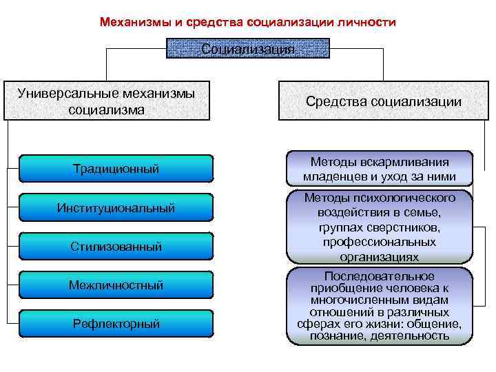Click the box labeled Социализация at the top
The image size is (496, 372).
248,49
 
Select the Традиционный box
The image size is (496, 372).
116,169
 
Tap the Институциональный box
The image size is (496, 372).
116,207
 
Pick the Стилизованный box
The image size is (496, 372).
116,246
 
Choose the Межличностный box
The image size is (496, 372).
116,285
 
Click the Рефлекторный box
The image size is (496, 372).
116,323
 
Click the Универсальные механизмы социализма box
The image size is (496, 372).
106,101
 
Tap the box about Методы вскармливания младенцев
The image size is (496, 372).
380,169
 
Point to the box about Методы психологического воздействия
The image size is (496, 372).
380,227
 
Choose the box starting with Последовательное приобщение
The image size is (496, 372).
380,305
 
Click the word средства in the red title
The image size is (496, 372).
208,22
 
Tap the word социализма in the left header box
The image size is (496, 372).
107,110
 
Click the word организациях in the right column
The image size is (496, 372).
380,257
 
